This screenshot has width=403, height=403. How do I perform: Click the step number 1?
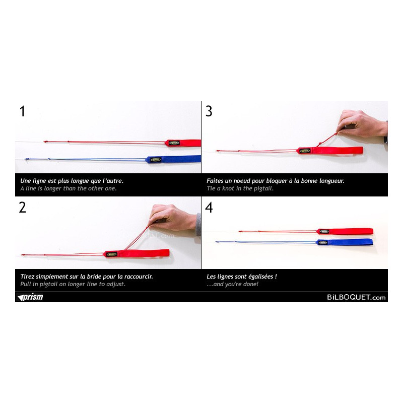click(22, 111)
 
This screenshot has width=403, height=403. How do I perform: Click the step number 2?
click(22, 208)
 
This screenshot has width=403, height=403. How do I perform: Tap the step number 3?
click(209, 111)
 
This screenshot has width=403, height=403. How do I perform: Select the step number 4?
click(209, 208)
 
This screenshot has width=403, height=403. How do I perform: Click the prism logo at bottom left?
click(30, 297)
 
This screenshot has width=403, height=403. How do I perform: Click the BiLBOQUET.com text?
click(356, 297)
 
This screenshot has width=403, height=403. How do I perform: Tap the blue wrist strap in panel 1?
click(173, 159)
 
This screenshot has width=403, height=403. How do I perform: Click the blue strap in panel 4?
click(345, 242)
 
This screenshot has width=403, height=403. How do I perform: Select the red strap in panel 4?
click(345, 231)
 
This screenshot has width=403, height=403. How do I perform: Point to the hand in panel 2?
click(172, 219)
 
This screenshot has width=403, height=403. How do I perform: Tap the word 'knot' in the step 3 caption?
click(228, 188)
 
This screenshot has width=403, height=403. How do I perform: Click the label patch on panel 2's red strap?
click(111, 254)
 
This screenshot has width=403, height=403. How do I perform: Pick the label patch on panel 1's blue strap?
click(156, 160)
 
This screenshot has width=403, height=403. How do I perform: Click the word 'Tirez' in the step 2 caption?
click(27, 277)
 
